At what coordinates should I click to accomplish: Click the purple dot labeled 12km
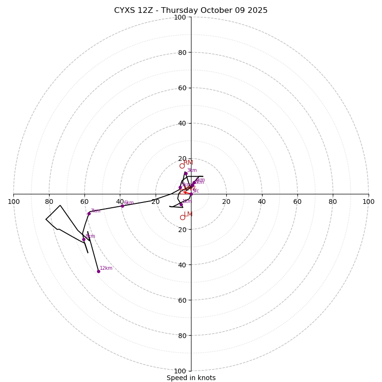click(x=98, y=271)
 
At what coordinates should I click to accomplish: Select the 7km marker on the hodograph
click(x=89, y=213)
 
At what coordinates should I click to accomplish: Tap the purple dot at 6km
click(x=122, y=206)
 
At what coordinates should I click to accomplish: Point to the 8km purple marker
click(x=84, y=239)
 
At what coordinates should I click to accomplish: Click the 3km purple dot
click(x=186, y=173)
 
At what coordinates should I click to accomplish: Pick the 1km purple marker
click(x=181, y=204)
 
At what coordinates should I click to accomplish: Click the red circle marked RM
click(x=182, y=166)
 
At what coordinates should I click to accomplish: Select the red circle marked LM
click(x=182, y=217)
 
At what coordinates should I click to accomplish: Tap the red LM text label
click(x=188, y=214)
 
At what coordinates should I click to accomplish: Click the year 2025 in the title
click(x=257, y=11)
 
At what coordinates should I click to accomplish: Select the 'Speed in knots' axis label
click(x=191, y=378)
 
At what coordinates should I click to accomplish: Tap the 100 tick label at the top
click(x=180, y=17)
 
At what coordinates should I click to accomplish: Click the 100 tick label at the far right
click(x=369, y=202)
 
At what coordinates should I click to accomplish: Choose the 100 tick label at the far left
click(x=13, y=202)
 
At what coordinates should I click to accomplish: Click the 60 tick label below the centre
click(x=180, y=300)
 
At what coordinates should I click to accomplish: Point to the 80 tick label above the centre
click(x=182, y=53)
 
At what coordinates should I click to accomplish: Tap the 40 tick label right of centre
click(x=262, y=202)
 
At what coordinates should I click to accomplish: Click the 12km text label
click(x=106, y=268)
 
